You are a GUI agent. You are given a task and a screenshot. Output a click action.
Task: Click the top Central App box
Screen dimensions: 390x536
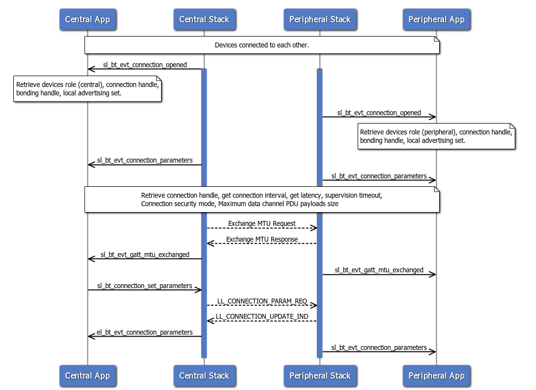pos(87,20)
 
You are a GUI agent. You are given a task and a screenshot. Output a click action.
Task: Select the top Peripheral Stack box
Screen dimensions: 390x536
pos(320,20)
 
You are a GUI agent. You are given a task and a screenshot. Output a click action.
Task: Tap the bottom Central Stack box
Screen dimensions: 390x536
pos(204,376)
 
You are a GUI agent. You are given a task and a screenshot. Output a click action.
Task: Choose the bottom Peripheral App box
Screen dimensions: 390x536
pos(436,376)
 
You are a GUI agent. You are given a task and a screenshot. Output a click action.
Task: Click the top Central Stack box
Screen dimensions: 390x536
pos(204,20)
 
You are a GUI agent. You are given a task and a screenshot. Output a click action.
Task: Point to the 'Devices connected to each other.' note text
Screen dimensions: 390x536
pos(262,45)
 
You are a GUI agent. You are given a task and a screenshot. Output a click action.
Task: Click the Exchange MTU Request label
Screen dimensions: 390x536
pos(262,223)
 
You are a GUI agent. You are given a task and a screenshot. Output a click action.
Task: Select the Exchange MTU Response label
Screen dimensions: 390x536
pos(262,239)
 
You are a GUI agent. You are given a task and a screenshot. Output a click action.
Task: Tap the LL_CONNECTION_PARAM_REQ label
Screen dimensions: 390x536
pos(262,301)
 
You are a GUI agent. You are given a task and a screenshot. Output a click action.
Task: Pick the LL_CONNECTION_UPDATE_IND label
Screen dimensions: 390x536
pos(262,316)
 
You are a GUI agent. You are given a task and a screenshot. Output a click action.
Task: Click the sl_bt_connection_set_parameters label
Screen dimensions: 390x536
pos(145,286)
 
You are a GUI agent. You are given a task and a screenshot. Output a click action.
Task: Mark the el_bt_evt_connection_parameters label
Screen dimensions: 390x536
pos(145,332)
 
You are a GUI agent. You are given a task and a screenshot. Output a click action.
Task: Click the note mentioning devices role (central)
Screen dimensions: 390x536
pos(87,88)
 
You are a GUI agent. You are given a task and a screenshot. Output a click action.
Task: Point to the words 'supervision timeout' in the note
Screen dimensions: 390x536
pos(353,195)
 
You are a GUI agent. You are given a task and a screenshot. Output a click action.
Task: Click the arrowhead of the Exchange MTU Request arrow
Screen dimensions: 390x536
pos(314,228)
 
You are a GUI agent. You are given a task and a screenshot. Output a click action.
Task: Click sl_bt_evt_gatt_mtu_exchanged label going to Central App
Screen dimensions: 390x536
pos(145,255)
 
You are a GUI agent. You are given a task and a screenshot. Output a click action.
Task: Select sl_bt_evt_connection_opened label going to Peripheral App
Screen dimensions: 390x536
pos(379,113)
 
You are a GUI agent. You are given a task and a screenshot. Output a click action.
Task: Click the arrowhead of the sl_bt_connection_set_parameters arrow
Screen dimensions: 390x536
pos(199,290)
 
